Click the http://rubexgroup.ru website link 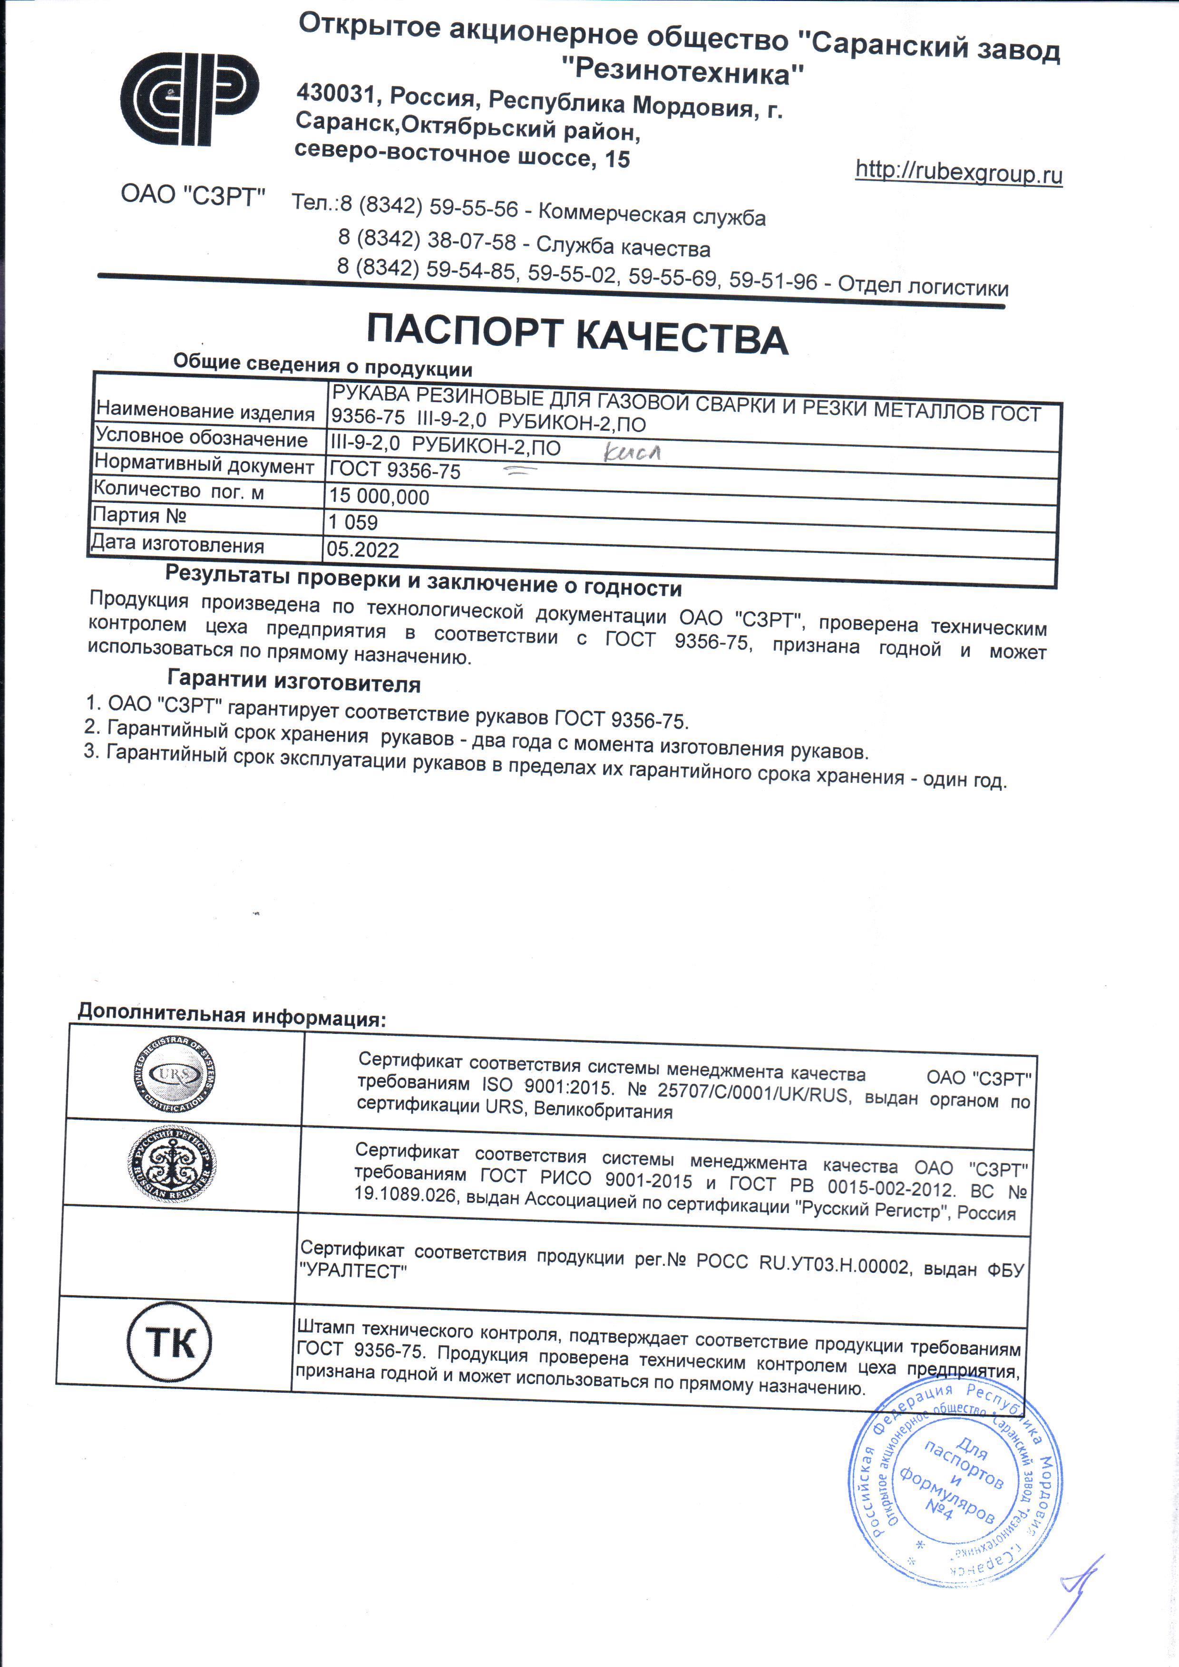click(x=958, y=173)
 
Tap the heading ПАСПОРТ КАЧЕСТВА click(x=577, y=335)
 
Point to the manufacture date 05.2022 click(x=362, y=549)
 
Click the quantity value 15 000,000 click(x=379, y=497)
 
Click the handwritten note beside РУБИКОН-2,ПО click(x=632, y=453)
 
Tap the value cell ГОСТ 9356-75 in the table click(x=395, y=471)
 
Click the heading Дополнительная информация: click(x=232, y=1014)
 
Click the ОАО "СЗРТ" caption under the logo click(x=193, y=194)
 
